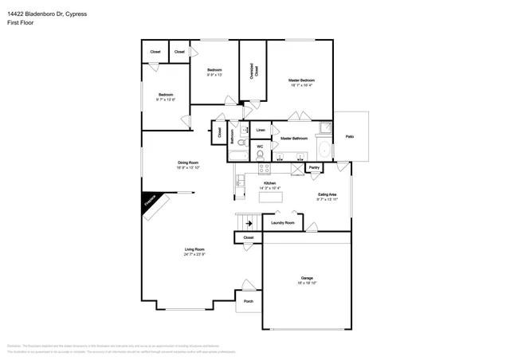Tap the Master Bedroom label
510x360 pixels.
(301, 80)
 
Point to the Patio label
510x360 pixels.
(350, 137)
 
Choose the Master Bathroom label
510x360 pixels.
(294, 139)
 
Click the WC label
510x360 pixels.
(260, 147)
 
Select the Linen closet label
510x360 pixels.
(261, 129)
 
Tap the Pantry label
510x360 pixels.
(314, 167)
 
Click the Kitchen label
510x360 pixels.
(270, 183)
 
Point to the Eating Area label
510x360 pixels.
(327, 194)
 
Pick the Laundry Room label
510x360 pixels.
(283, 222)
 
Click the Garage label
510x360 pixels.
(307, 278)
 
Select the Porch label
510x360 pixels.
(249, 302)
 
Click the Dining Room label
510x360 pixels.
(188, 163)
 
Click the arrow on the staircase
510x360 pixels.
(249, 224)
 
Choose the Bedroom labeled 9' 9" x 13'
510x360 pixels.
(214, 70)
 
